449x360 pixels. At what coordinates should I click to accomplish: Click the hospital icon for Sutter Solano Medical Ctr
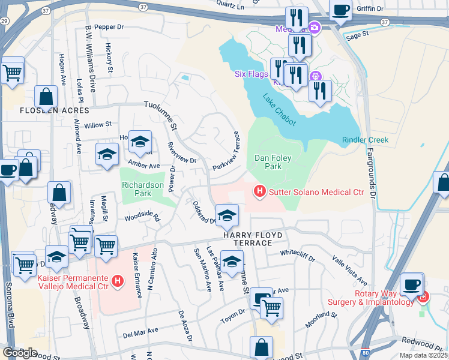pos(259,192)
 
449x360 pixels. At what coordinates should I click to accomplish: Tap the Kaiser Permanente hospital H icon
pos(118,280)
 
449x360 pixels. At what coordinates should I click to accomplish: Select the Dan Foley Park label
pos(268,162)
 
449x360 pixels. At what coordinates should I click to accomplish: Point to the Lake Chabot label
pos(280,109)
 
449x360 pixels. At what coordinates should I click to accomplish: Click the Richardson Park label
pos(143,190)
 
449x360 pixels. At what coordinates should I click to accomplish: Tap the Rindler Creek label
pos(365,140)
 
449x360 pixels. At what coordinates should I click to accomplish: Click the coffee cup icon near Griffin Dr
pos(341,10)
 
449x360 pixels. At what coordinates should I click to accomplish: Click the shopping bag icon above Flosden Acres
pos(46,96)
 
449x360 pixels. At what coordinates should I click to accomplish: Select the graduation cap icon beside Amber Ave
pos(107,154)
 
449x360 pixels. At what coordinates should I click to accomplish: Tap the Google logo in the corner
pos(20,353)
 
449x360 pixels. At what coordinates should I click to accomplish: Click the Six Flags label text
pos(250,74)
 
